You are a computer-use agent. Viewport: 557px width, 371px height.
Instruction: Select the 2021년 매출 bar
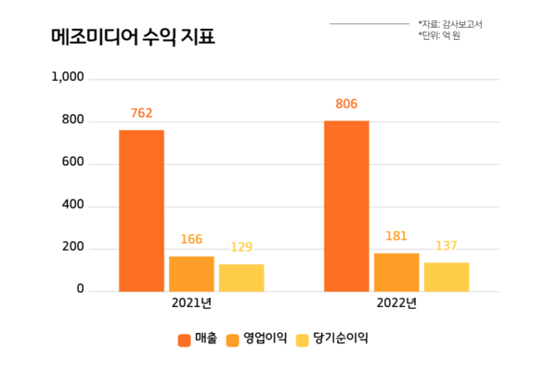pos(141,211)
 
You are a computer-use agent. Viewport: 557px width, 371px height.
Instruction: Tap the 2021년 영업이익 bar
pos(191,274)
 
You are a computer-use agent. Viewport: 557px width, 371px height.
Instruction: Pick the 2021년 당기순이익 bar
pos(241,277)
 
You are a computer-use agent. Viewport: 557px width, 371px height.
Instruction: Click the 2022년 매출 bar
pos(346,206)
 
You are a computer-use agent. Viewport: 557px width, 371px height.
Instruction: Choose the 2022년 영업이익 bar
pos(396,272)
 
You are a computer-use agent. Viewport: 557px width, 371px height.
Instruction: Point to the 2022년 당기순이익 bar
pos(447,276)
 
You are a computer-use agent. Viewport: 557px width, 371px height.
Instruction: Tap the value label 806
pos(346,104)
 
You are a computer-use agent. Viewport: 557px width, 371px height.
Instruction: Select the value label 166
pos(191,240)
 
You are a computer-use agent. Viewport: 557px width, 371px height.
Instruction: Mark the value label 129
pos(241,248)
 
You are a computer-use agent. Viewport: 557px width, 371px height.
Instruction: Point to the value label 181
pos(396,237)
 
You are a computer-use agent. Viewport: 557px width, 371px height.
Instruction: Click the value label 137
pos(447,246)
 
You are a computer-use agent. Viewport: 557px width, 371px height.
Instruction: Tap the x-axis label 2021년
pos(191,304)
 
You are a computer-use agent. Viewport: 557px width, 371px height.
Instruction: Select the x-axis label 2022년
pos(396,304)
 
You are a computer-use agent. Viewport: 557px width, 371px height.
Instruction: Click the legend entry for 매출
pos(197,339)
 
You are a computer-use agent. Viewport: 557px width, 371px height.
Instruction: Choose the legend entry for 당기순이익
pos(330,339)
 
